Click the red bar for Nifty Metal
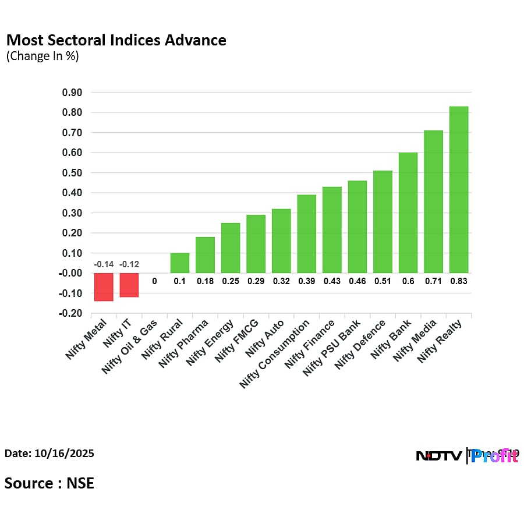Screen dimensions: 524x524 [x=104, y=286]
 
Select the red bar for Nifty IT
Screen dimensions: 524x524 [x=129, y=285]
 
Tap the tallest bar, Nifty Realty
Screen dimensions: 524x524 [x=459, y=189]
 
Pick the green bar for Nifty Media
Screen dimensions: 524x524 [x=433, y=201]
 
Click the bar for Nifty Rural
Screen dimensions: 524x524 [x=179, y=263]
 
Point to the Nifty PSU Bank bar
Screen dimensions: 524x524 [x=357, y=226]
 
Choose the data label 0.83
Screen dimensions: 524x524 [x=459, y=281]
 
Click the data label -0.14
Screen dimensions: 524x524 [x=104, y=264]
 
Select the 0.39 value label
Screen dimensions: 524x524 [x=306, y=281]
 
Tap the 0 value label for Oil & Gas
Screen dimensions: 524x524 [x=154, y=281]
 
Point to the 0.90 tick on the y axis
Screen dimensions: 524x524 [x=72, y=93]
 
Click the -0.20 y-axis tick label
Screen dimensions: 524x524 [x=71, y=313]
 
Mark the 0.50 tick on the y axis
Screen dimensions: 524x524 [x=72, y=173]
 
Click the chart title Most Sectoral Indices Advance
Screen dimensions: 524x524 [x=116, y=40]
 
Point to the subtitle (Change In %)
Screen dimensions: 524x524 [x=42, y=56]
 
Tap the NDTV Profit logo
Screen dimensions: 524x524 [x=466, y=455]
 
